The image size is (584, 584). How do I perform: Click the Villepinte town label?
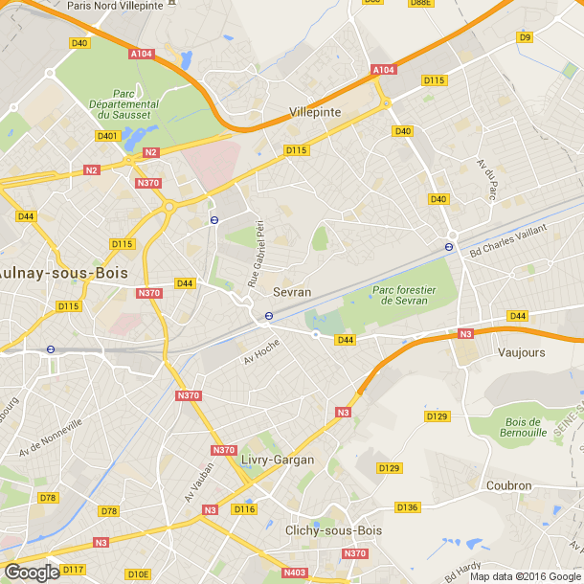click(x=315, y=112)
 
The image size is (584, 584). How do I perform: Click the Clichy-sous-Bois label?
click(x=333, y=530)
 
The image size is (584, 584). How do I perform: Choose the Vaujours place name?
click(x=522, y=352)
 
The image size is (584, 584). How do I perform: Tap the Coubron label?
click(x=508, y=485)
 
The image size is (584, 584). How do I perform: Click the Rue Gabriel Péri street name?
click(x=255, y=253)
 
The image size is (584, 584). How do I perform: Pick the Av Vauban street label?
click(x=197, y=483)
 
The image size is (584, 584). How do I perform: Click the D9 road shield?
click(x=524, y=37)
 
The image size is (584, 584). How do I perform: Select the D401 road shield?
click(x=107, y=136)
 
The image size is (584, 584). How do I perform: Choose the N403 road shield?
click(x=295, y=573)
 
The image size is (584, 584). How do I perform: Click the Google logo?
click(x=32, y=572)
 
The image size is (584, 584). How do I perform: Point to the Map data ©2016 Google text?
click(x=525, y=576)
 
